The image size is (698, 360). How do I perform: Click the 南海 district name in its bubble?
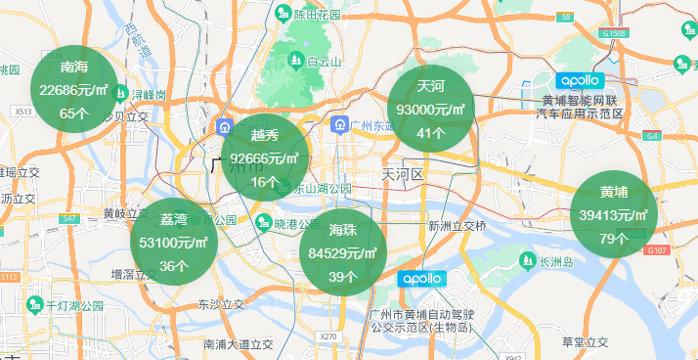pos(74,67)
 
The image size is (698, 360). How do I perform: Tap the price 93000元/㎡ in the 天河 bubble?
pos(431,111)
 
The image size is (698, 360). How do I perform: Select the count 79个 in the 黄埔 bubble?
pos(613,239)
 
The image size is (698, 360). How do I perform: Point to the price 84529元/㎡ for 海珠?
pos(342,253)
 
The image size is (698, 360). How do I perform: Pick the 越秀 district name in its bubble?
pos(265,135)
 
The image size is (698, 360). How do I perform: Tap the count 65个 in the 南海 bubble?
pos(74,112)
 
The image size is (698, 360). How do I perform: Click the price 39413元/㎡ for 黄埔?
pos(614,215)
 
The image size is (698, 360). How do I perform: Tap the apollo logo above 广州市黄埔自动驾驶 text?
pos(422,279)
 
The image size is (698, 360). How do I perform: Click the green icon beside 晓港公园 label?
pos(263,223)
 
